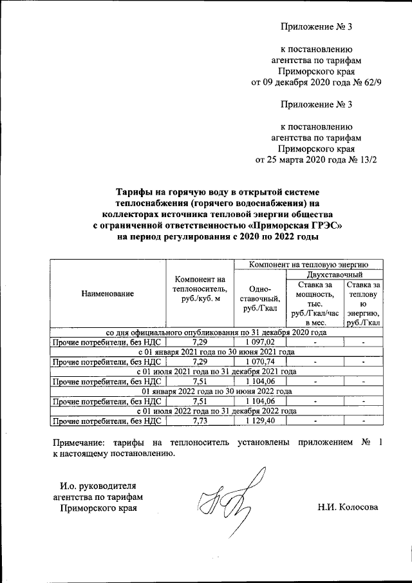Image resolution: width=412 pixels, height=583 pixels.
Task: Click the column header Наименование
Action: (x=108, y=294)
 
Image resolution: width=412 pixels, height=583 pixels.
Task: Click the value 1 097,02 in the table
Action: (x=259, y=343)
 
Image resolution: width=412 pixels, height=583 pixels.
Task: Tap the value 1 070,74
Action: (x=259, y=362)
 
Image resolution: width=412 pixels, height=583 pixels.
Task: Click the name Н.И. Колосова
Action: (x=348, y=507)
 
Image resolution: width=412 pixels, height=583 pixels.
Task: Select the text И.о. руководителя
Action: (x=98, y=485)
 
